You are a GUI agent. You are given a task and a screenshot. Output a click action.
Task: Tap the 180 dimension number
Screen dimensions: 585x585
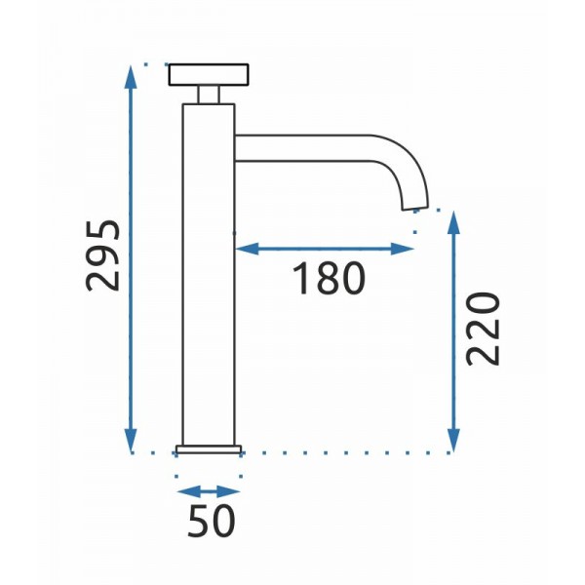coord(329,278)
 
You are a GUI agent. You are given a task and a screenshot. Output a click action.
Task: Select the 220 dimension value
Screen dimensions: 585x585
coord(483,329)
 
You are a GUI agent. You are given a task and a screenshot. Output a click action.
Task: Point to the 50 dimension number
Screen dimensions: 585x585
coord(212,521)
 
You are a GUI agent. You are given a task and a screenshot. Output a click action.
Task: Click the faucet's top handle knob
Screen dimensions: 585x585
coord(209,75)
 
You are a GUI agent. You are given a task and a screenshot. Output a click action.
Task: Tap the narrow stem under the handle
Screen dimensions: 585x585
coord(209,95)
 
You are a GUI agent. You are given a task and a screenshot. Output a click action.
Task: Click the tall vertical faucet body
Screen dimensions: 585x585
coord(209,275)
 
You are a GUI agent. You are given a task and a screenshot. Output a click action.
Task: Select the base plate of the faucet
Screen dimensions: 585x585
coord(209,449)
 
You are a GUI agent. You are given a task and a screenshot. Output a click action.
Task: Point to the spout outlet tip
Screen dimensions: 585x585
coord(415,208)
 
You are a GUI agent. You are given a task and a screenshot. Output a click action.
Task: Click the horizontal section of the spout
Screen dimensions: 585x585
coord(302,148)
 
